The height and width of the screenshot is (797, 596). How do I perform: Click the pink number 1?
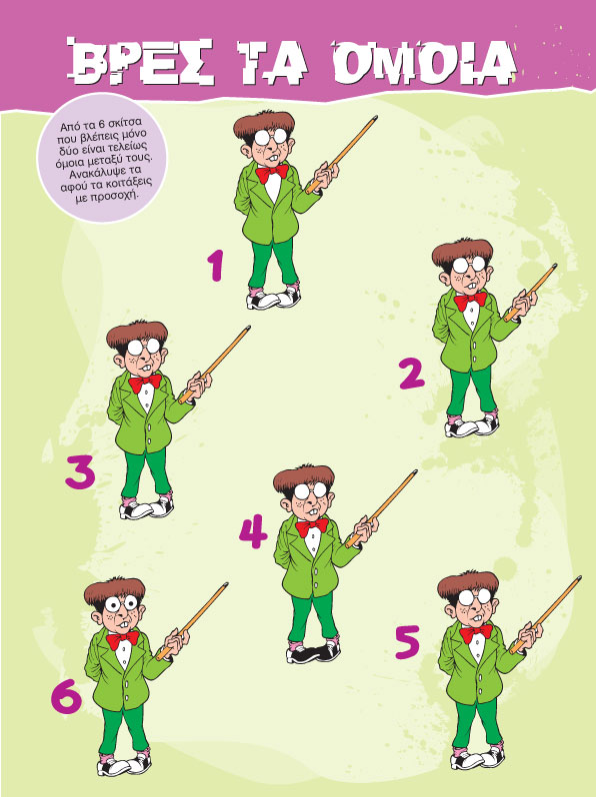[x=216, y=265]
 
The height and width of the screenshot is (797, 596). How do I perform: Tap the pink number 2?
[x=412, y=374]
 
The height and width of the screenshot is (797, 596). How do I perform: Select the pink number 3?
[x=80, y=471]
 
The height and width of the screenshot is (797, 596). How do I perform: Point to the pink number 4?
[x=253, y=531]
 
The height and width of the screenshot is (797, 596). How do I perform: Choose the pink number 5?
[x=408, y=642]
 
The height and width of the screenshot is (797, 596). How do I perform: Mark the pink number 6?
[x=67, y=696]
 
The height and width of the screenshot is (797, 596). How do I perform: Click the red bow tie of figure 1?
[x=272, y=174]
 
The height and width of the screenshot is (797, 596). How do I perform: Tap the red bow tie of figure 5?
[x=476, y=633]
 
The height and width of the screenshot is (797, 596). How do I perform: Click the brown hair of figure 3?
[x=136, y=334]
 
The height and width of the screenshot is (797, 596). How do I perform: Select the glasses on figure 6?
[x=122, y=603]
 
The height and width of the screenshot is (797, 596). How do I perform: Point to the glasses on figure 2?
[x=469, y=264]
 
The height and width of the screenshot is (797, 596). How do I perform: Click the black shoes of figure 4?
[x=313, y=651]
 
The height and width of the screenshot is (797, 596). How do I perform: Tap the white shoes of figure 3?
[x=147, y=507]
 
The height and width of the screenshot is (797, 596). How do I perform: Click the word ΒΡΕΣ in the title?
[x=140, y=61]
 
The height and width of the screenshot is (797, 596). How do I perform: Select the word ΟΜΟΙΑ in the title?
[x=424, y=63]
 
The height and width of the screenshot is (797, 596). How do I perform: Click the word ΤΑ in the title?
[x=273, y=62]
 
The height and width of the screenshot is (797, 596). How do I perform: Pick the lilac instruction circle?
[x=102, y=158]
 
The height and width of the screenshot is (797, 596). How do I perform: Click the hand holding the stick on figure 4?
[x=366, y=529]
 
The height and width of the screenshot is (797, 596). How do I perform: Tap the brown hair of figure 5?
[x=467, y=584]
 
